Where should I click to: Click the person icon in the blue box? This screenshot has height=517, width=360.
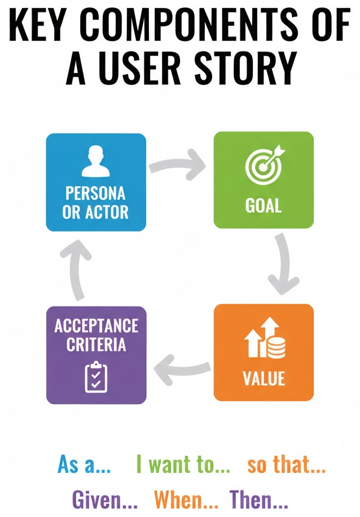[95, 162]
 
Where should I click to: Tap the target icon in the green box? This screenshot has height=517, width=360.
[264, 165]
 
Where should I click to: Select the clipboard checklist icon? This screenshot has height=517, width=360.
[95, 376]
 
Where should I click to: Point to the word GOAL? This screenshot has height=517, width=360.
[264, 205]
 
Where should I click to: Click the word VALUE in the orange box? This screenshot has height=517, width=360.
[264, 378]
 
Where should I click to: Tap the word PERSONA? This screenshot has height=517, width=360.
[95, 194]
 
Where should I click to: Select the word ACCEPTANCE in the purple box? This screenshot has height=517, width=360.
[95, 326]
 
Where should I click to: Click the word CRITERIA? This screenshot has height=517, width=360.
[95, 344]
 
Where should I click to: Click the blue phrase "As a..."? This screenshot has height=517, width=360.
[84, 466]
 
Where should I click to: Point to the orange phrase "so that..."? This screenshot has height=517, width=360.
[286, 466]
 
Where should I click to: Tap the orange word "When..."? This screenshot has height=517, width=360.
[186, 499]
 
